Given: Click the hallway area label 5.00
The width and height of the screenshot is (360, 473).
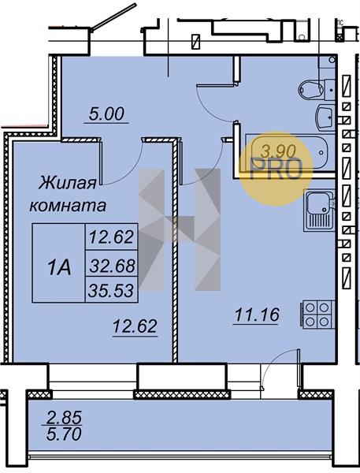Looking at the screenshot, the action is [106, 114].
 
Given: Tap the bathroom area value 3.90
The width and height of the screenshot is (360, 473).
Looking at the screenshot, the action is [278, 151].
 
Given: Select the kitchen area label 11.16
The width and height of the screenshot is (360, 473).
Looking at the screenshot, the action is [257, 315].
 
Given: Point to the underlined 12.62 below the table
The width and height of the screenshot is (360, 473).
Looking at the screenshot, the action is [135, 326].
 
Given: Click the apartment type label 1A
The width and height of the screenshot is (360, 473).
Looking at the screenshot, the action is [59, 268].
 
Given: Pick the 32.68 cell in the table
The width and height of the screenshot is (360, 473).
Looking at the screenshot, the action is [112, 266].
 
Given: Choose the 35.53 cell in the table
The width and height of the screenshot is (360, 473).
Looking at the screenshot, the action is [112, 291].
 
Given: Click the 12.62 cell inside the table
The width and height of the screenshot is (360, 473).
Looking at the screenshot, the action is [112, 236].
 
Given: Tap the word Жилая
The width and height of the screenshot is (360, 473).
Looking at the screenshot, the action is [68, 183].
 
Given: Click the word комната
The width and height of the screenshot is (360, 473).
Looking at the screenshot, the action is [68, 206].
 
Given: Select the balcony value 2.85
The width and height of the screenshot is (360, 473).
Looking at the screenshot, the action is [65, 418].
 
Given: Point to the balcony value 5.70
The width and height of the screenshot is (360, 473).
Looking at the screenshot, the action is [65, 434].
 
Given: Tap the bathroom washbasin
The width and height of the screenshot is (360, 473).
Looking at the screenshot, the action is [325, 117].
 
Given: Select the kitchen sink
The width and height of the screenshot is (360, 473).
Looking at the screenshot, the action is [320, 210].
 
